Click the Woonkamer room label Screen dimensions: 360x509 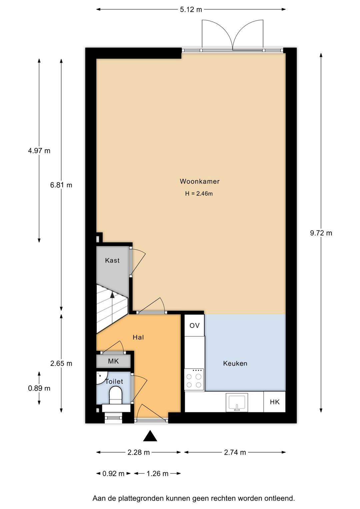[200, 181]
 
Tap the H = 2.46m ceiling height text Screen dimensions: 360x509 [199, 193]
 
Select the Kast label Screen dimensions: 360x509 [112, 260]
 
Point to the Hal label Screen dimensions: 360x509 [138, 337]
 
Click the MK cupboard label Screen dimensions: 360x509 [113, 361]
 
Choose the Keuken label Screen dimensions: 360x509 [235, 363]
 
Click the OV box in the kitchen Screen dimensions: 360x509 [194, 326]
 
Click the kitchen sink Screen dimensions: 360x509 [237, 402]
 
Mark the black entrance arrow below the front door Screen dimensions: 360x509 [150, 436]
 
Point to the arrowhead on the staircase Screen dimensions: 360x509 [112, 295]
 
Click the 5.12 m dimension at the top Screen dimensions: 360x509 [191, 10]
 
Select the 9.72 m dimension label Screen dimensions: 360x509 [321, 233]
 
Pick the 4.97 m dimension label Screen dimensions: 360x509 [39, 151]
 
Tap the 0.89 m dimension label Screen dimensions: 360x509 [39, 388]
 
